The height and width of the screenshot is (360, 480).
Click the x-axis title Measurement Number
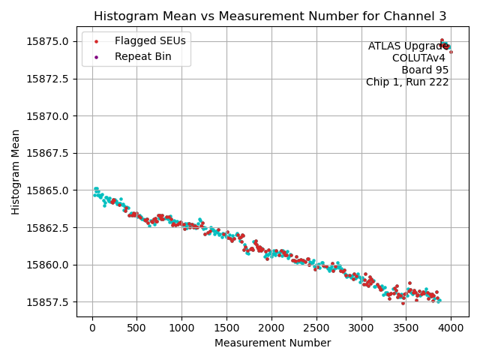point(272,343)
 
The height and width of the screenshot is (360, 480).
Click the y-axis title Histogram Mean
point(16,172)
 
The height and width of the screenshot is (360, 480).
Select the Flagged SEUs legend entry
point(150,40)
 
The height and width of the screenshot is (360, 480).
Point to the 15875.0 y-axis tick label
point(48,41)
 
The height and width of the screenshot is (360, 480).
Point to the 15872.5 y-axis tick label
point(48,79)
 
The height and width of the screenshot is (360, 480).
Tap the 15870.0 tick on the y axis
point(48,116)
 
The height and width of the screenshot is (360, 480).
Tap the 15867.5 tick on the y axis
point(48,153)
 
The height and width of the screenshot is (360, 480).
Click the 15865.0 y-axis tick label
point(48,190)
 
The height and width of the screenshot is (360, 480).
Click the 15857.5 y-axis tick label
point(48,302)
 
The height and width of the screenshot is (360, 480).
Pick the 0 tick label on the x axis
point(92,327)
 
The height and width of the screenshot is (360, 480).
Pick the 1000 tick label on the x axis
point(181,327)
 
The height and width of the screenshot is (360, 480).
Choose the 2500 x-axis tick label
point(316,327)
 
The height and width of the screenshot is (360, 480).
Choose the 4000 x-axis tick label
point(451,327)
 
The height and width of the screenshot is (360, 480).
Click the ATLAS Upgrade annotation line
point(405,46)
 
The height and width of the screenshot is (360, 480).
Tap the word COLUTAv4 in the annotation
point(420,58)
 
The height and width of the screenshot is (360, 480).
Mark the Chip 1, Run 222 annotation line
point(407,82)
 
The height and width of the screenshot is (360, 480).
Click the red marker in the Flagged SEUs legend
point(96,41)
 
